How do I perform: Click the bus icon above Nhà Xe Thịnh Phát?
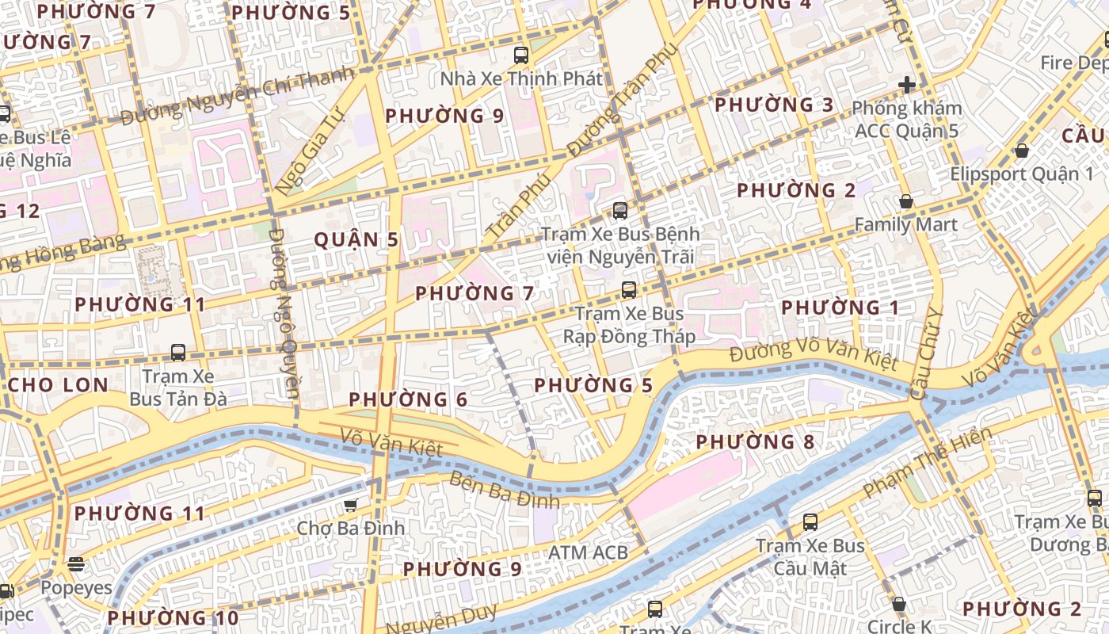pyautogui.click(x=520, y=55)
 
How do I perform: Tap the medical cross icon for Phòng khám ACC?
pyautogui.click(x=907, y=85)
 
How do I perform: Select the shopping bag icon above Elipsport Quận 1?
pyautogui.click(x=1022, y=151)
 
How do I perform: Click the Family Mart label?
pyautogui.click(x=905, y=224)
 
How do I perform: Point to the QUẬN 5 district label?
pyautogui.click(x=356, y=239)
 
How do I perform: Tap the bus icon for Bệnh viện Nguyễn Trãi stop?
pyautogui.click(x=620, y=211)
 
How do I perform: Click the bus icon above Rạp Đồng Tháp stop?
pyautogui.click(x=629, y=290)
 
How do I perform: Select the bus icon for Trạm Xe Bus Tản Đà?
pyautogui.click(x=178, y=353)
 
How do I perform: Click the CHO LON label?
pyautogui.click(x=59, y=385)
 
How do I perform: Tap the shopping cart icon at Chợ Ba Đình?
pyautogui.click(x=350, y=505)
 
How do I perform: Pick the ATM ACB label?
pyautogui.click(x=588, y=552)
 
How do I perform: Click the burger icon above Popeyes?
pyautogui.click(x=76, y=564)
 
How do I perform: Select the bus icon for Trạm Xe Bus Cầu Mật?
pyautogui.click(x=810, y=522)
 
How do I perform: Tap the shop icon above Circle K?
pyautogui.click(x=899, y=604)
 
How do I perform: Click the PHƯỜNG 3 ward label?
pyautogui.click(x=774, y=105)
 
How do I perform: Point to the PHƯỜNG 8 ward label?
pyautogui.click(x=755, y=442)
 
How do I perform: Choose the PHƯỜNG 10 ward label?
pyautogui.click(x=173, y=617)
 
